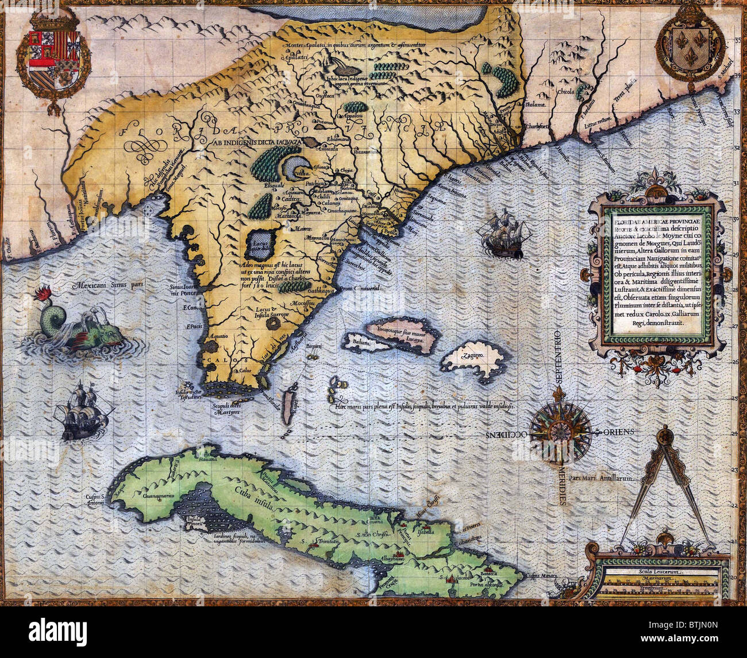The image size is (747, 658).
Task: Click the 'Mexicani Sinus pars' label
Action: [108, 284]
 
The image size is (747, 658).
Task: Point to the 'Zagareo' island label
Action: [472, 355]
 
